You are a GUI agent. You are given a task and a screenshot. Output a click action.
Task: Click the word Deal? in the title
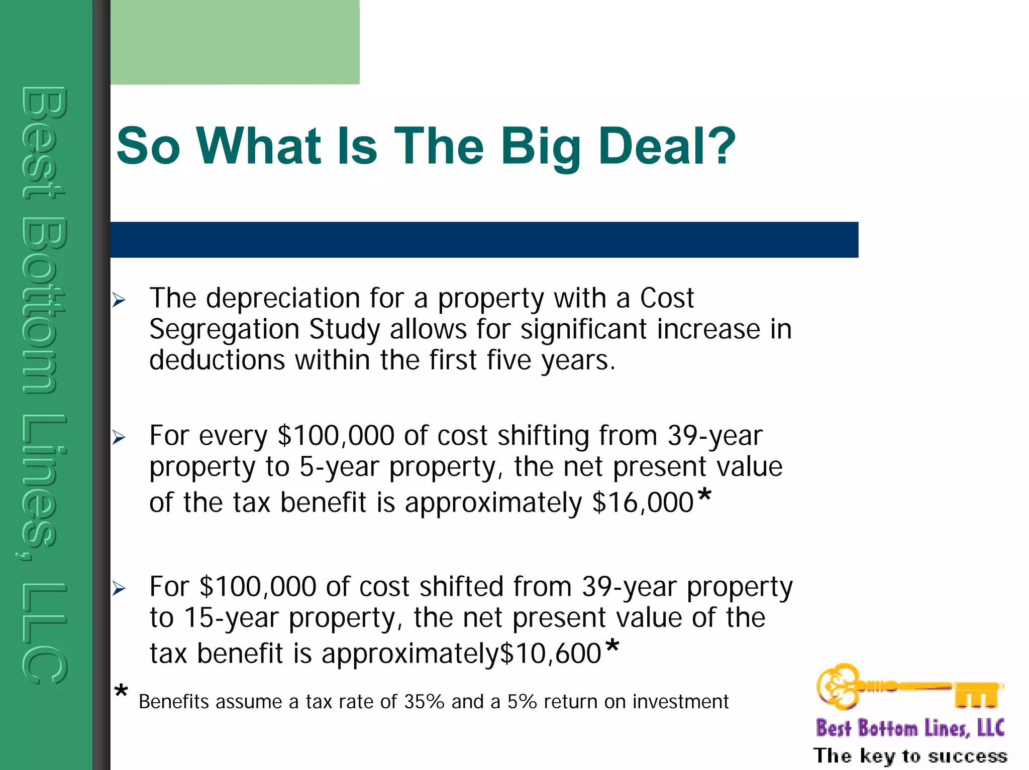666,146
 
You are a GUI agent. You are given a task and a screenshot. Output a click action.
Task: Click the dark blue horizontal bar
484,240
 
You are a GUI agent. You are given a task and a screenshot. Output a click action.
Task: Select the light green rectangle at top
235,42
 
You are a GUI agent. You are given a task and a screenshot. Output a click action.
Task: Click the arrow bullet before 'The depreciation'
119,300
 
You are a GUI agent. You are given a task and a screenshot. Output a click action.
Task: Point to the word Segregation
224,330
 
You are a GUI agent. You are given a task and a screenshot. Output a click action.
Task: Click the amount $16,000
643,502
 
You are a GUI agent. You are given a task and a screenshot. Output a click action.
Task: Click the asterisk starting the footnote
121,692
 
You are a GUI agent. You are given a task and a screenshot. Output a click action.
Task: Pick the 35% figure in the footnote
424,702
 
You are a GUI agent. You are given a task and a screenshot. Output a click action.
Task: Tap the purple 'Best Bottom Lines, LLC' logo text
909,728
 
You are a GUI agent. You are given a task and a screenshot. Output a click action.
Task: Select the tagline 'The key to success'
910,755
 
